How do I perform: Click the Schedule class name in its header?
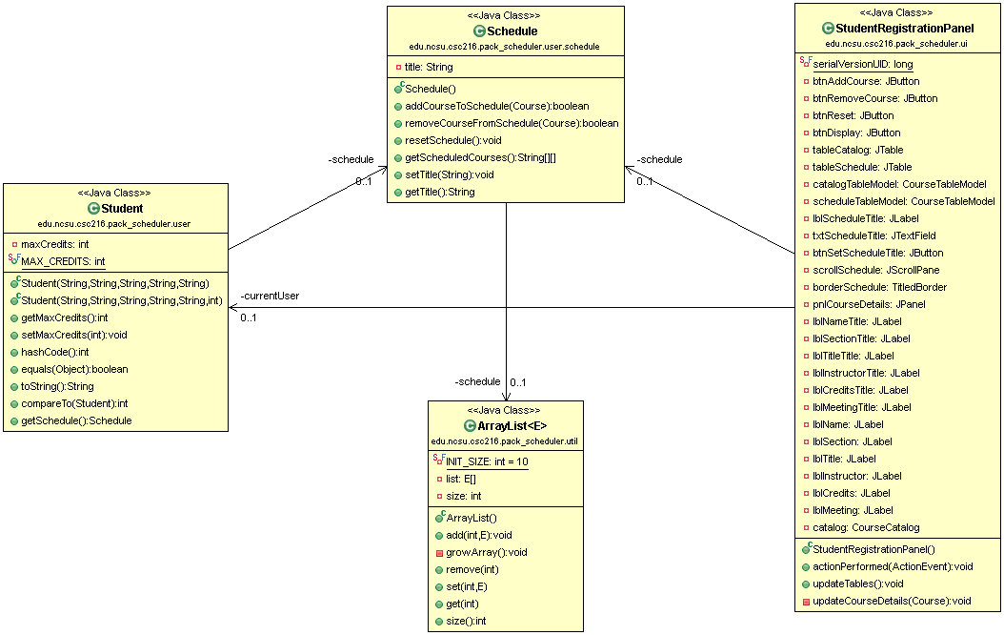click(512, 31)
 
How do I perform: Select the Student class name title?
click(121, 209)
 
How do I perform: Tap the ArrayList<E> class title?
click(512, 426)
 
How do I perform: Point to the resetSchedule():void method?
click(453, 140)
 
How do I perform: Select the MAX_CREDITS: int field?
click(63, 261)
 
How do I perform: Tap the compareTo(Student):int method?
click(74, 403)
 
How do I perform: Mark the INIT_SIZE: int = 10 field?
click(487, 461)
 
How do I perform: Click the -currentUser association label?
click(270, 296)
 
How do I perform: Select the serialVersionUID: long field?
click(862, 64)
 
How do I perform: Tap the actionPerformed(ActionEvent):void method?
click(893, 566)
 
